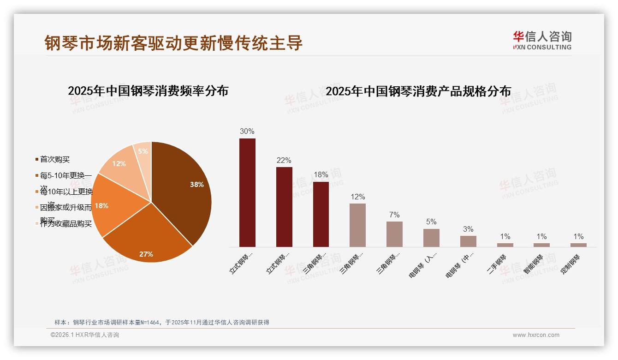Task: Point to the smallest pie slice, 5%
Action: (x=143, y=151)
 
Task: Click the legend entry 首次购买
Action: (x=54, y=159)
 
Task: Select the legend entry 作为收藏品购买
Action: (x=65, y=224)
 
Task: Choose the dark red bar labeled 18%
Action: (x=321, y=214)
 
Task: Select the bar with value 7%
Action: (x=394, y=234)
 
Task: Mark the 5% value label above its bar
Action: (x=431, y=222)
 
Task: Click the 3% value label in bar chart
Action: (x=468, y=229)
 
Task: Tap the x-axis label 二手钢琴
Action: (x=497, y=264)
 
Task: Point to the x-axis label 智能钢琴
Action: (x=534, y=264)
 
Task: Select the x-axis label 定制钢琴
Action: (x=570, y=264)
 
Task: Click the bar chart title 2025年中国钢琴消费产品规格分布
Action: (x=418, y=91)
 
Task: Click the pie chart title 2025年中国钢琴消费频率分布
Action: (x=148, y=90)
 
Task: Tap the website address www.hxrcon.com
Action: (x=536, y=335)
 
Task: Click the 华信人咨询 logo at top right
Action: (x=542, y=40)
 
